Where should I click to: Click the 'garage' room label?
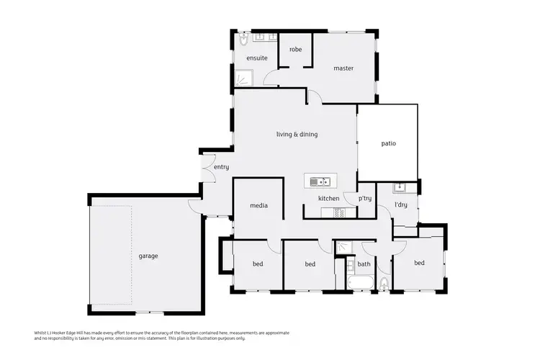pos(148,256)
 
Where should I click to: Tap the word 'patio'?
pos(388,143)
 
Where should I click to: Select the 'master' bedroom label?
pos(343,68)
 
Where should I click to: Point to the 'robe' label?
pos(295,50)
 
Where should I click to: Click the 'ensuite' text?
pos(257,58)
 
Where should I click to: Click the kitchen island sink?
pos(321,181)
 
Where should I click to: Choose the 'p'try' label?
pos(365,199)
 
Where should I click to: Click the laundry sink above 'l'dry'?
pos(400,189)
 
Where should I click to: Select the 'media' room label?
pos(258,206)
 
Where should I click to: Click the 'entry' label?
pos(221,167)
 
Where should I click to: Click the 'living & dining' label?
pos(297,134)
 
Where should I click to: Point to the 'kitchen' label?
pos(328,198)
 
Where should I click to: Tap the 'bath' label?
pos(364,264)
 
